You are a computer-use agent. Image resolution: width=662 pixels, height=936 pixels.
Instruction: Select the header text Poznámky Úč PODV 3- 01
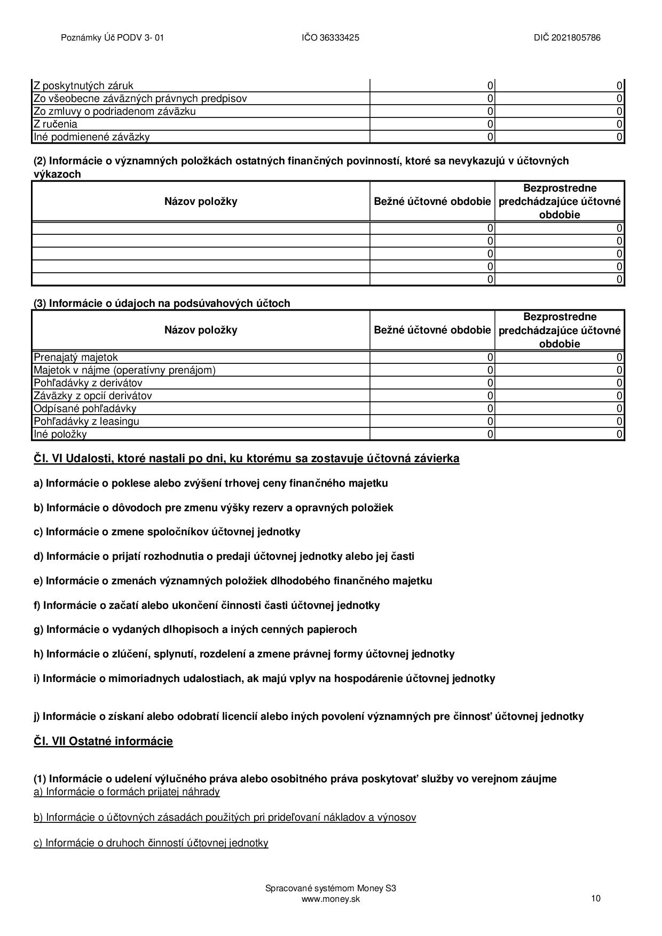[x=113, y=38]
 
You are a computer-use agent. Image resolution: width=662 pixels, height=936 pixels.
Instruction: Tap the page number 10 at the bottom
[x=596, y=898]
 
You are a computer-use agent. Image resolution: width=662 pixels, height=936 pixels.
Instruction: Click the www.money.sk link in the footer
[x=330, y=899]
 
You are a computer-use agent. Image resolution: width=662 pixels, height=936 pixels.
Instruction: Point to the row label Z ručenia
[x=56, y=124]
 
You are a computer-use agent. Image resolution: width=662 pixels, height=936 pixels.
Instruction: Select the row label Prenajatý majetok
[x=76, y=358]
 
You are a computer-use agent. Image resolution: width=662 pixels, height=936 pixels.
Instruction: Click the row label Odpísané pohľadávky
[x=85, y=409]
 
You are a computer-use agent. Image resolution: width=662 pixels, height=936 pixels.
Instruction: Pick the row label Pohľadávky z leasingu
[x=86, y=422]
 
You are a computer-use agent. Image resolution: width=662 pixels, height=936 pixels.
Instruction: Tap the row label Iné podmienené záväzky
[x=91, y=137]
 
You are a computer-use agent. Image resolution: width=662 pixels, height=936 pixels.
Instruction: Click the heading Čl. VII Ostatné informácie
[x=103, y=741]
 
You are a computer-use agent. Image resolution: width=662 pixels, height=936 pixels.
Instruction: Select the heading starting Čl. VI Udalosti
[x=246, y=458]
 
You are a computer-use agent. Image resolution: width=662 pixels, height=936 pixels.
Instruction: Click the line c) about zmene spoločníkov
[x=167, y=532]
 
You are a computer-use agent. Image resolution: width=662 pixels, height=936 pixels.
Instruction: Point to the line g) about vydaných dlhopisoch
[x=195, y=630]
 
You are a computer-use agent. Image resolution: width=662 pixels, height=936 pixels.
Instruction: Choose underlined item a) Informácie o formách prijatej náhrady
[x=127, y=792]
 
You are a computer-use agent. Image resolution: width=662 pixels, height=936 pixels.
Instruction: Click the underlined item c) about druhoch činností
[x=151, y=843]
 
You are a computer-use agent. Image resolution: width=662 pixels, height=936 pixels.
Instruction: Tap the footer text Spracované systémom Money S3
[x=330, y=889]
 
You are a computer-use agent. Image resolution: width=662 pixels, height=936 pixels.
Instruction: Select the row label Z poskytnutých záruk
[x=83, y=86]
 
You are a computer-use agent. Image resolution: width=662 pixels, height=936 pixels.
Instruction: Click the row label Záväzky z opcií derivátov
[x=93, y=396]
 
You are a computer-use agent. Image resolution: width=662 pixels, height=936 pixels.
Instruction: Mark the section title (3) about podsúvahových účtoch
[x=162, y=304]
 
